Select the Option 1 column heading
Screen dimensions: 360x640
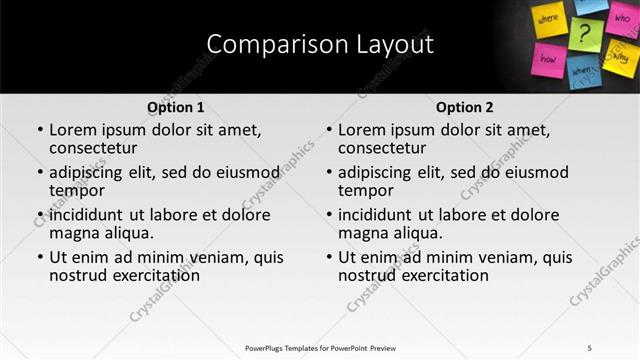point(175,107)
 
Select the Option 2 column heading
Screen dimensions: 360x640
point(465,107)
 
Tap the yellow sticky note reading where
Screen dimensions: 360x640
point(550,20)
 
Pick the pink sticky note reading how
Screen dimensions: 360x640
point(549,58)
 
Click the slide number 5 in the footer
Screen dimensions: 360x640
point(589,347)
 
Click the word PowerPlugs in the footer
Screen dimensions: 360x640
point(269,347)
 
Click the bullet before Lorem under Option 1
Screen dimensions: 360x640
point(39,130)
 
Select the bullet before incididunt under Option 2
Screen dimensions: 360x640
point(328,215)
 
